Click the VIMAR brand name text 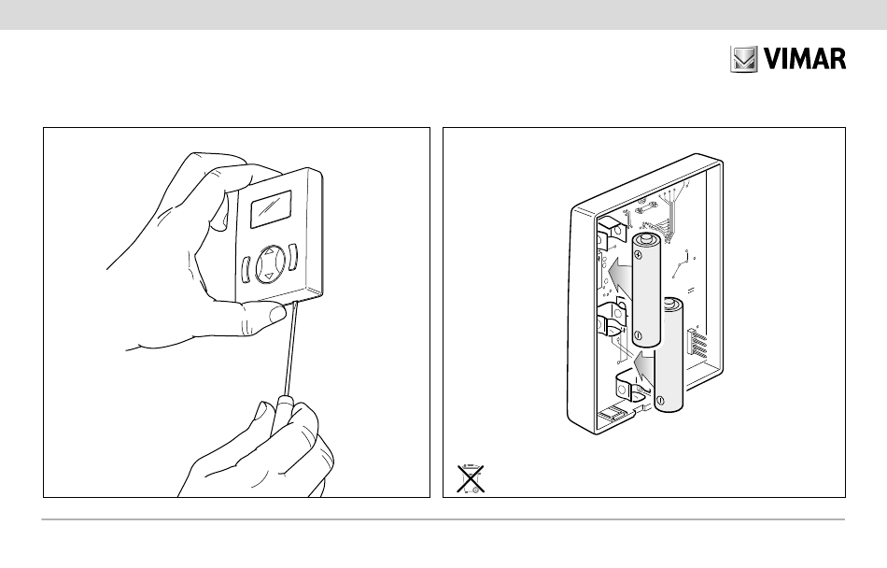pyautogui.click(x=805, y=59)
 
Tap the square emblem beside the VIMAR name pyautogui.click(x=743, y=59)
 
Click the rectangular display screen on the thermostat pyautogui.click(x=271, y=208)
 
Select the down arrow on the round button pyautogui.click(x=269, y=277)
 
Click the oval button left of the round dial pyautogui.click(x=246, y=270)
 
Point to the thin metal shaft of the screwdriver pyautogui.click(x=290, y=348)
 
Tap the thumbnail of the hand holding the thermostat pyautogui.click(x=277, y=313)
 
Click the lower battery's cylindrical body pyautogui.click(x=669, y=354)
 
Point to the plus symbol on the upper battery pyautogui.click(x=638, y=255)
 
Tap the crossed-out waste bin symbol pyautogui.click(x=471, y=478)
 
